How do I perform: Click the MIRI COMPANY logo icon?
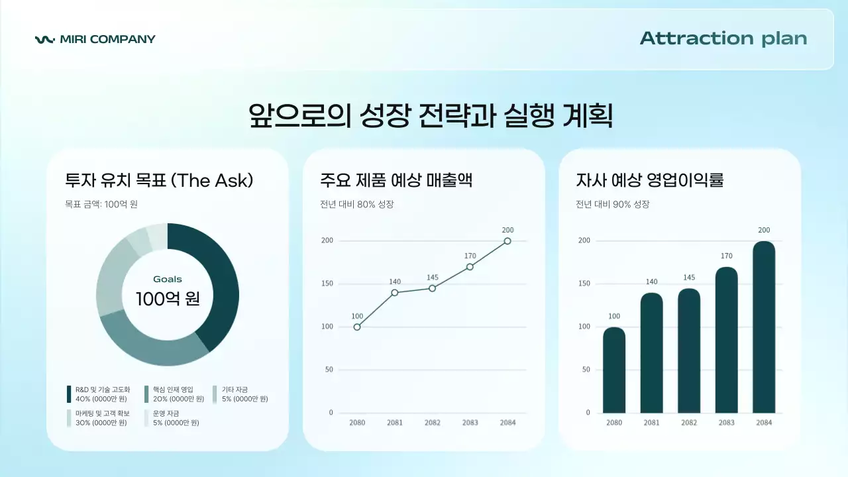45,39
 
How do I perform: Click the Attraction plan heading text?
723,38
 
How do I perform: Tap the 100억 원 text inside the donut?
168,299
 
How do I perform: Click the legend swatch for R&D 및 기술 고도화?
69,394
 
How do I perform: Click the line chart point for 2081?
395,292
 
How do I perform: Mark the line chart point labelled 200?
507,241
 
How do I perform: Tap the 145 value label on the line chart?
433,278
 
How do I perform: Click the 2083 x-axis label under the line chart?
470,423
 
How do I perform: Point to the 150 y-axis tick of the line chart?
327,284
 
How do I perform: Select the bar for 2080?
614,370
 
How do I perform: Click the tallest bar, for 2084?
764,327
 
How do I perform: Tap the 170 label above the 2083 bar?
727,256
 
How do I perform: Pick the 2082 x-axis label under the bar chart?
689,423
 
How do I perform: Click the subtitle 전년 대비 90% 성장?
612,204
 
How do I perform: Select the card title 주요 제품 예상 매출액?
396,180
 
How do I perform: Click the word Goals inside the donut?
168,279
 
